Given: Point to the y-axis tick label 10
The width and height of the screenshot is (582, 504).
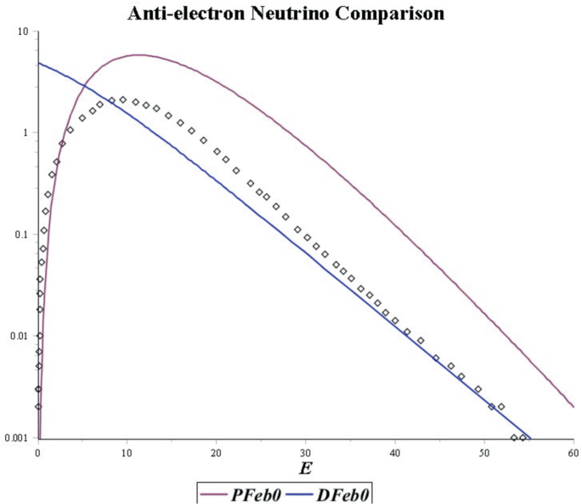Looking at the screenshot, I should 23,31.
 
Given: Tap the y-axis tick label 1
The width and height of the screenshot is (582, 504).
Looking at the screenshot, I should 26,133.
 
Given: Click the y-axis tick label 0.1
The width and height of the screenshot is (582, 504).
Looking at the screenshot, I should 21,235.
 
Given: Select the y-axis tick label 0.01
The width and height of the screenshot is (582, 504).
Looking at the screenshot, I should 19,337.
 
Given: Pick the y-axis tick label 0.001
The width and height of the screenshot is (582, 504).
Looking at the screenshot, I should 16,438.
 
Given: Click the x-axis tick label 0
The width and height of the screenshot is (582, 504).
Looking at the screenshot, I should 38,451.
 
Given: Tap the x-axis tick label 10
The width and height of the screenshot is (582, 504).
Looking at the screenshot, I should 127,451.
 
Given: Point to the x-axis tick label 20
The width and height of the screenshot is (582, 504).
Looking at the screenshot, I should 217,451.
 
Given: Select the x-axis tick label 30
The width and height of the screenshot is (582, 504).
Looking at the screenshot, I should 306,451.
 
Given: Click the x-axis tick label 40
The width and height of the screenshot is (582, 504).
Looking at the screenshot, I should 395,451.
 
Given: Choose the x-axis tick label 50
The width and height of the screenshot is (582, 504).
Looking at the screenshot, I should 484,451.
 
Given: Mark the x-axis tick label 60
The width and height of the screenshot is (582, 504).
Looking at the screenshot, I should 574,451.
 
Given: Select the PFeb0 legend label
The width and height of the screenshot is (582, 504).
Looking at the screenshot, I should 256,493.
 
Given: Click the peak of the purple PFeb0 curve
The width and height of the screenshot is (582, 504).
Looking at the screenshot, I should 138,55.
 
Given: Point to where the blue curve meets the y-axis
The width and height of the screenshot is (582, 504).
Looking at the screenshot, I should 38,64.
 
